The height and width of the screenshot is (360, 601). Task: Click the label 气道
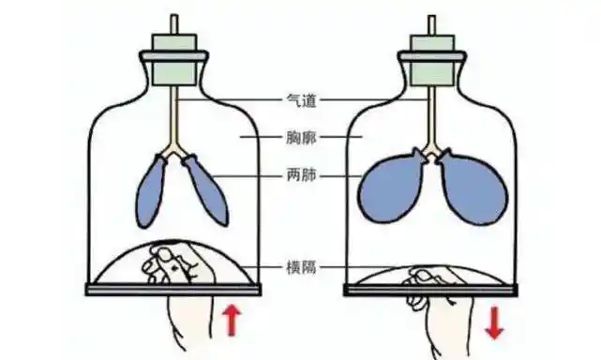pos(301,98)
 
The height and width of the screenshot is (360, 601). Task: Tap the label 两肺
pos(301,174)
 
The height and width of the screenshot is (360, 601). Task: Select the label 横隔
pos(301,266)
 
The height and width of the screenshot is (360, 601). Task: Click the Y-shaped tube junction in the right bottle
pos(431,148)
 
